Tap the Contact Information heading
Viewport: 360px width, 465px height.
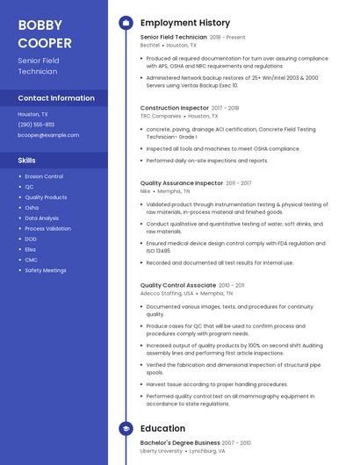(56, 98)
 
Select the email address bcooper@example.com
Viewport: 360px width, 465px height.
(48, 135)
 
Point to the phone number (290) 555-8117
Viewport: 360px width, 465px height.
(37, 125)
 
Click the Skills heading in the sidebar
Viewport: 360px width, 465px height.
(27, 161)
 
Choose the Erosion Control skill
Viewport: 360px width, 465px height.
(44, 176)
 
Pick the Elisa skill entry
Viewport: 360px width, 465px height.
(31, 249)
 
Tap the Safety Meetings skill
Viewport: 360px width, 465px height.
(45, 270)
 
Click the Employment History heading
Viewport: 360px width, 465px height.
(184, 23)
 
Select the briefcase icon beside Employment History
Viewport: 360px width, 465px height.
(126, 23)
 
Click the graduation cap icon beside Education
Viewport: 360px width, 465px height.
(126, 428)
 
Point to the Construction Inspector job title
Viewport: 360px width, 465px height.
(175, 108)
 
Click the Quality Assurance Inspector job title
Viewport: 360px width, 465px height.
(182, 182)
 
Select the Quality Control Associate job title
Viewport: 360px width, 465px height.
(177, 285)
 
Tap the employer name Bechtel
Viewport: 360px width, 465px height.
(149, 44)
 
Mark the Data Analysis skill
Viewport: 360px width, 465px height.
(42, 218)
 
